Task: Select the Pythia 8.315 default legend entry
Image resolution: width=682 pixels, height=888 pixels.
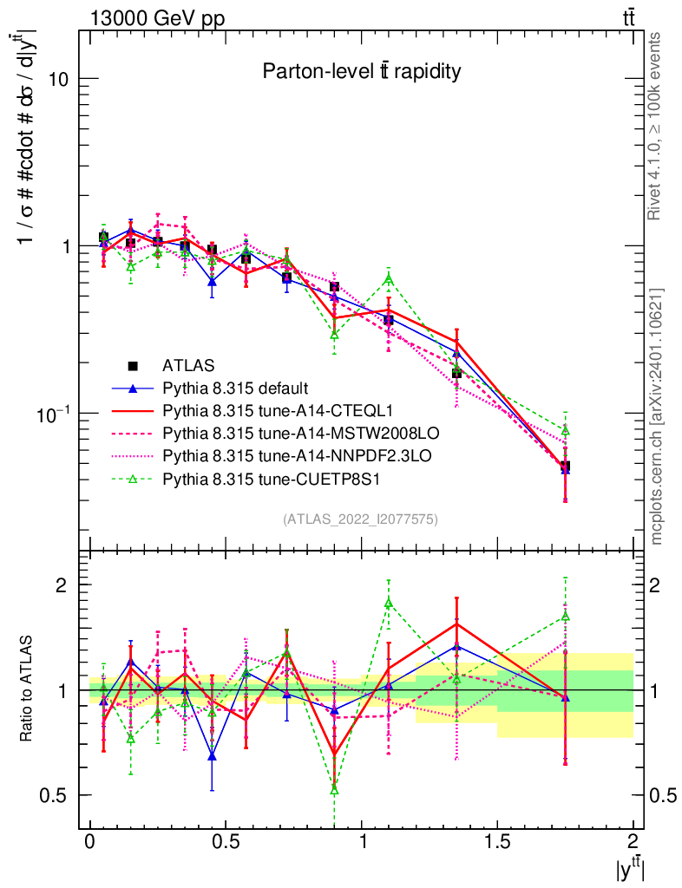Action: click(x=236, y=387)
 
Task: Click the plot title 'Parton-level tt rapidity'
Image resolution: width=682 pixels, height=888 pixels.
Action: click(x=361, y=72)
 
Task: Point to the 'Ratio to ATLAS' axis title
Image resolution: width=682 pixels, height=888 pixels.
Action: click(x=27, y=689)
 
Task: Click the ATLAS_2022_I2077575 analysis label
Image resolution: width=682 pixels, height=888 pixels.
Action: click(x=360, y=519)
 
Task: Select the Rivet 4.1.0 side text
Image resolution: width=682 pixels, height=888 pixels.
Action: click(x=656, y=127)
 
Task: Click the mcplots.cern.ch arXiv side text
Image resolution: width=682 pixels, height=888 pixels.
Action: click(x=656, y=416)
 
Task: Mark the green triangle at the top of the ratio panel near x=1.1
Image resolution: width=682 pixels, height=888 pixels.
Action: click(x=389, y=603)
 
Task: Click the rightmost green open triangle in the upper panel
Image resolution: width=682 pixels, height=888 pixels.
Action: click(x=565, y=430)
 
